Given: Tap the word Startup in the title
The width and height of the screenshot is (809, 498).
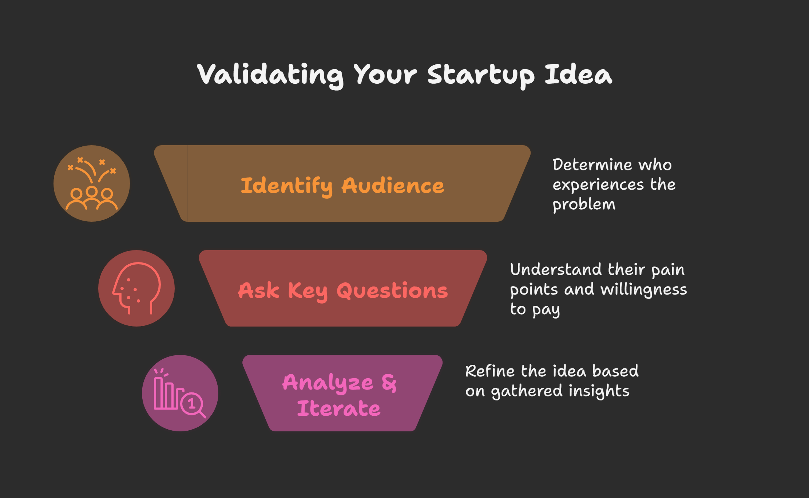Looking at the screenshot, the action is tap(481, 75).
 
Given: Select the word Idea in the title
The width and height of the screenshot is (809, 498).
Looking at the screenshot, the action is tap(578, 74).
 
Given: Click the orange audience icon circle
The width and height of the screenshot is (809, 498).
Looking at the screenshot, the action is tap(92, 183).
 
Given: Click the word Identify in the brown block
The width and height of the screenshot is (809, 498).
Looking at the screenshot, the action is tap(287, 186).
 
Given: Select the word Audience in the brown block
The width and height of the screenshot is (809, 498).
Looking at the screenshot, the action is tap(393, 186).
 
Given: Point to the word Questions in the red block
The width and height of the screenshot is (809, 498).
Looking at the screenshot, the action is tap(392, 291).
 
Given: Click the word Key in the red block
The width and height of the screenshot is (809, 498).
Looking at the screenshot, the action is tap(308, 291).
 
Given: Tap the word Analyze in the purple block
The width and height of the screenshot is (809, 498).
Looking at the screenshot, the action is tap(328, 383).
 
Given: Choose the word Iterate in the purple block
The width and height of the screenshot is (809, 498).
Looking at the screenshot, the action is tap(339, 408).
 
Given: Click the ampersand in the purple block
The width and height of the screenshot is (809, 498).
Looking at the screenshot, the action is tap(389, 383).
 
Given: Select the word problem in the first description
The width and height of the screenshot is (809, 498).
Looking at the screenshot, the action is tap(584, 205).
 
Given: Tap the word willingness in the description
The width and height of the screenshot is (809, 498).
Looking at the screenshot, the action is tap(644, 290).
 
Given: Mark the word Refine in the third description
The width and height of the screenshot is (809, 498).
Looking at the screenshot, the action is tap(490, 371).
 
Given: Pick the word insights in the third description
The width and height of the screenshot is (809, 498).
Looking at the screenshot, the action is tap(599, 391).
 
